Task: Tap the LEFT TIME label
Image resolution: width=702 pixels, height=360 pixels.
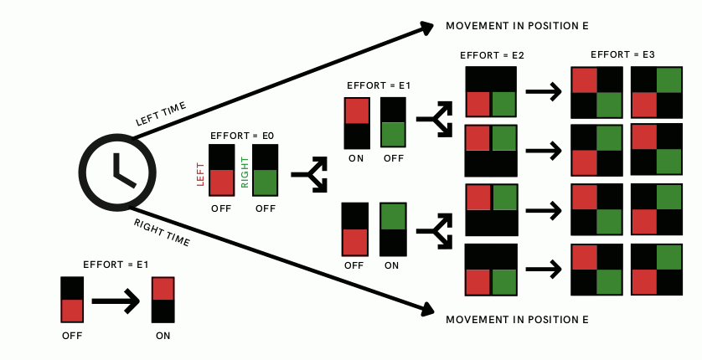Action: (161, 114)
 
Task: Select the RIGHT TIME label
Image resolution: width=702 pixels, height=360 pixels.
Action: (162, 232)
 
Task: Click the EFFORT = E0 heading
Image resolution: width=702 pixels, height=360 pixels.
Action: (243, 134)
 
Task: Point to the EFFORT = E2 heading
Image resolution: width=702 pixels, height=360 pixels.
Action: (493, 55)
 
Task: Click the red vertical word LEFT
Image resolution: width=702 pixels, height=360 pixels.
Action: (200, 173)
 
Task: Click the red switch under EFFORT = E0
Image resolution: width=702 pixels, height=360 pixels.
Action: (221, 170)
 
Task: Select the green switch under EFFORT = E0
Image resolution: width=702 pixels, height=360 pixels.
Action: (266, 170)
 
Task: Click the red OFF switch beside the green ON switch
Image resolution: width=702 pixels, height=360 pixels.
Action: (354, 229)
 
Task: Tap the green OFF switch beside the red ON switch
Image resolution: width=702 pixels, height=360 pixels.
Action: (393, 122)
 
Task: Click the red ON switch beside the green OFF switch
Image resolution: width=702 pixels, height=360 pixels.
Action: (356, 122)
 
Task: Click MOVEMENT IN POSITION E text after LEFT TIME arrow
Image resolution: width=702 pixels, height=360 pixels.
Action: (517, 26)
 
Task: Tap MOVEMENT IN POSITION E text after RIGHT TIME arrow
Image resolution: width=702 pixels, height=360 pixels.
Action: (517, 320)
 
